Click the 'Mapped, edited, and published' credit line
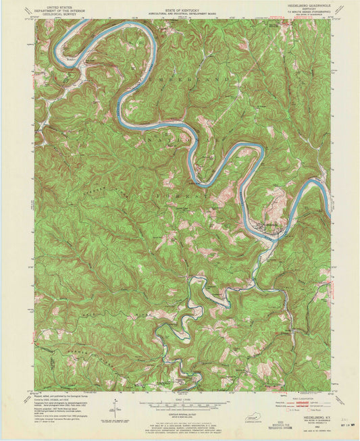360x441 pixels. point(61,394)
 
